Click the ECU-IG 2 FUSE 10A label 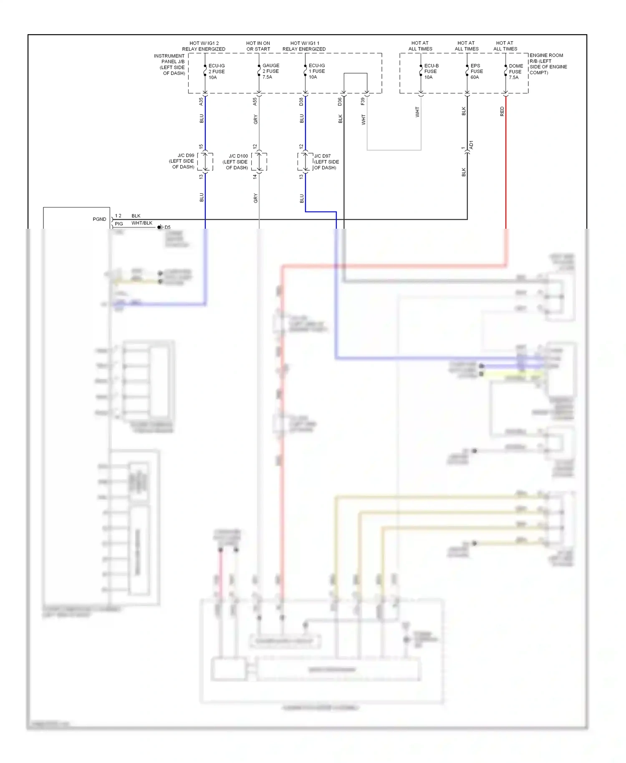[216, 71]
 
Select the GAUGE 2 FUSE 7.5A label [270, 71]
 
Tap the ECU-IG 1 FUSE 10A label [316, 71]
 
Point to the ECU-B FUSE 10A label [431, 71]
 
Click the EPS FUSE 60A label [476, 71]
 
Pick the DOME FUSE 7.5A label [515, 72]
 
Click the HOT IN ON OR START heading [258, 46]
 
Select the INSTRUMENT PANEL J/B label [169, 64]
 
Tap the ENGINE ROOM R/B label [548, 64]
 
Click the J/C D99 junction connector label [182, 161]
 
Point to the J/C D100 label [236, 162]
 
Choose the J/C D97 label [326, 162]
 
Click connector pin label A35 [201, 101]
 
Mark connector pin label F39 [363, 101]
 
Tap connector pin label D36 [340, 101]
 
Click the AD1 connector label [472, 145]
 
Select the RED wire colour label [502, 111]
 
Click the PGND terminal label [99, 219]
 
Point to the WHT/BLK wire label [142, 223]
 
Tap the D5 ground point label [167, 227]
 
